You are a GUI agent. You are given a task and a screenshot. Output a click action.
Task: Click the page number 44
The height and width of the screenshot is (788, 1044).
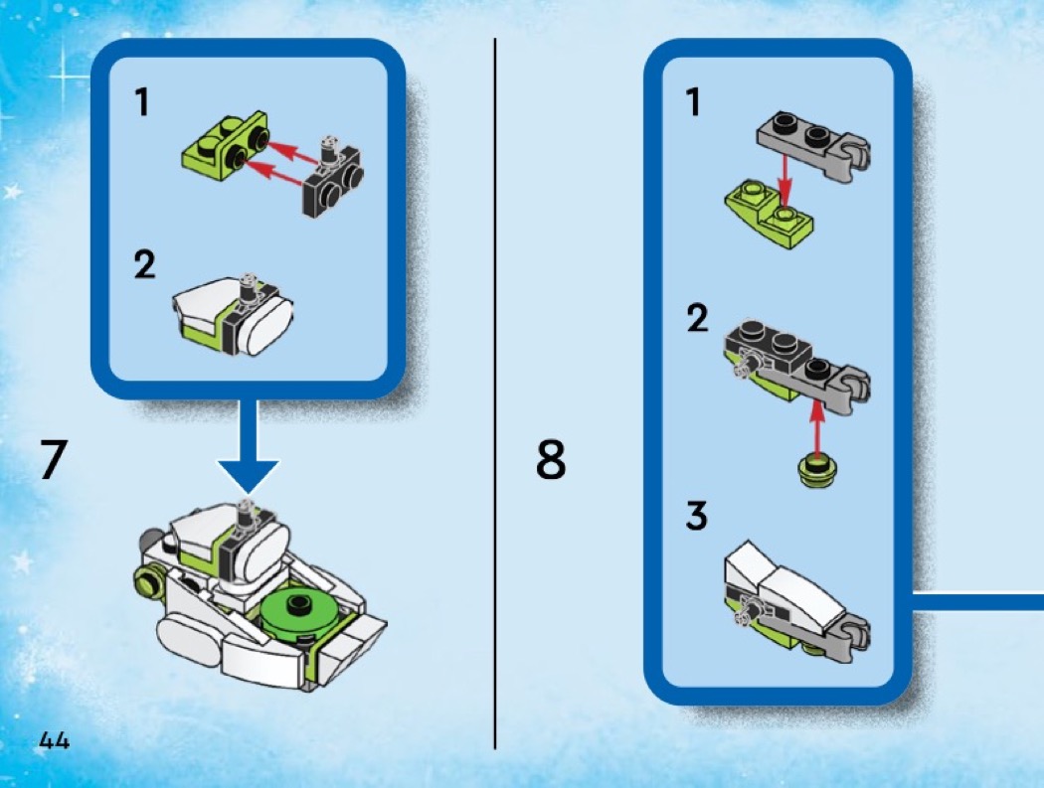pyautogui.click(x=54, y=740)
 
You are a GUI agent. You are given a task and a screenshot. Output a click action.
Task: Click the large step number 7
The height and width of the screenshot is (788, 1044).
pyautogui.click(x=54, y=458)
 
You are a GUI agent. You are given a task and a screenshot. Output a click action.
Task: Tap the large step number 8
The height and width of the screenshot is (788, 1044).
pyautogui.click(x=551, y=458)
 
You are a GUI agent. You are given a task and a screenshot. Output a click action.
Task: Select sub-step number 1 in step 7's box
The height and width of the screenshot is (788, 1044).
pyautogui.click(x=142, y=103)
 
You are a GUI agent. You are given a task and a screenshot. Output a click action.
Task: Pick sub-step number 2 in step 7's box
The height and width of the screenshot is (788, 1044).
pyautogui.click(x=144, y=265)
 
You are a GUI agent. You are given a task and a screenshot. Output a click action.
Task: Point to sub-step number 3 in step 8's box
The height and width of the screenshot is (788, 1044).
pyautogui.click(x=696, y=516)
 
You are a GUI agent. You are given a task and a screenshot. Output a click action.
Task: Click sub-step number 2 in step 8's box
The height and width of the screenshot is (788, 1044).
pyautogui.click(x=698, y=318)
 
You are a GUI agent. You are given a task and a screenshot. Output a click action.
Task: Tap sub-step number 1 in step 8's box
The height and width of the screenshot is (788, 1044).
pyautogui.click(x=694, y=103)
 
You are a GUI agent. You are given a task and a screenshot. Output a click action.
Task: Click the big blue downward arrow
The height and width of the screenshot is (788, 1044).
pyautogui.click(x=248, y=446)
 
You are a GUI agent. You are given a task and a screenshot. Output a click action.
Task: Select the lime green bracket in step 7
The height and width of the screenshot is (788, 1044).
pyautogui.click(x=225, y=141)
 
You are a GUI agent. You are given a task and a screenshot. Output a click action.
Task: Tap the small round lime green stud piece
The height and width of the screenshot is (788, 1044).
pyautogui.click(x=817, y=469)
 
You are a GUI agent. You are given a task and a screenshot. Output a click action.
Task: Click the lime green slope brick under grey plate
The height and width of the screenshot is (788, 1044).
pyautogui.click(x=769, y=214)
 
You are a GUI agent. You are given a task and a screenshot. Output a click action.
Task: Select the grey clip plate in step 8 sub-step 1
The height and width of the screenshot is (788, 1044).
pyautogui.click(x=813, y=146)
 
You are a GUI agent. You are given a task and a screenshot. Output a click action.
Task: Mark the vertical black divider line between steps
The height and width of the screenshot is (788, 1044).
pyautogui.click(x=495, y=394)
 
